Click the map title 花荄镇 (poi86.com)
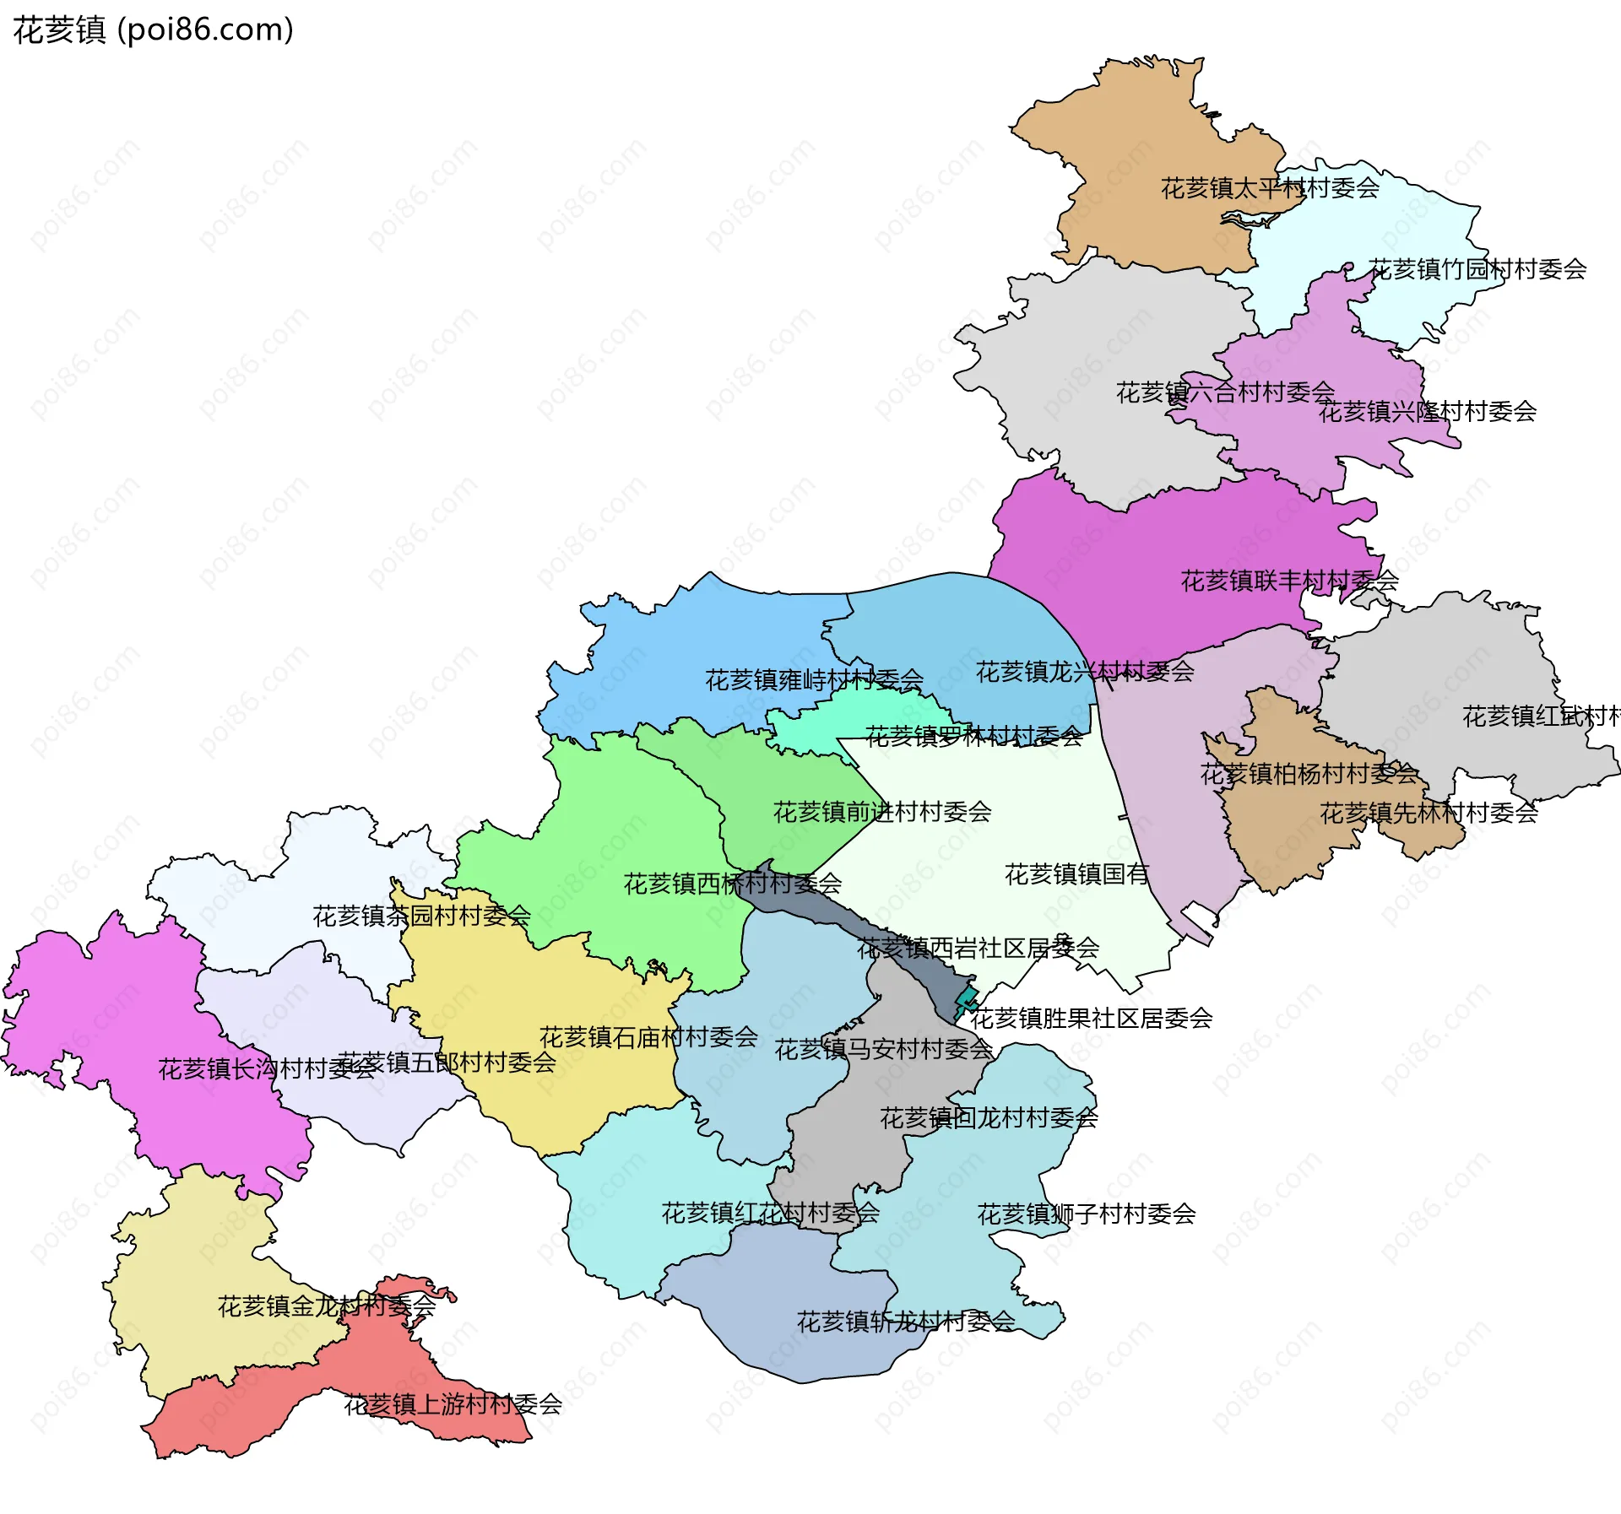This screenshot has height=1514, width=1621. [x=154, y=30]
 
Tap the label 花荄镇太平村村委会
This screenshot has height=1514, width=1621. [x=1270, y=188]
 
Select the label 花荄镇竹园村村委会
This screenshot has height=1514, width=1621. [x=1477, y=269]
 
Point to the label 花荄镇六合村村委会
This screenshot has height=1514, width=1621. [x=1225, y=392]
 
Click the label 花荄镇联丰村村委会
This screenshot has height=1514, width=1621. [x=1289, y=581]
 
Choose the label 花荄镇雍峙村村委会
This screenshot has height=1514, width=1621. [x=814, y=680]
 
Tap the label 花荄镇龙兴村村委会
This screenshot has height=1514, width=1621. [x=1085, y=672]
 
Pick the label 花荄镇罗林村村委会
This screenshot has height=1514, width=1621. [x=973, y=737]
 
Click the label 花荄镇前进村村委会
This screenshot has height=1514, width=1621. [x=882, y=812]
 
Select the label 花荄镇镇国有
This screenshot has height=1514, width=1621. [x=1076, y=874]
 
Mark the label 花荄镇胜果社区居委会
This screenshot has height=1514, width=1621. [x=1091, y=1019]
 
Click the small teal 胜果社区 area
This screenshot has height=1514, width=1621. [x=967, y=1000]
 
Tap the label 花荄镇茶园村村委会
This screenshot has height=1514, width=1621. [x=421, y=916]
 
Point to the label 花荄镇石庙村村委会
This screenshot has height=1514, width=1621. [x=648, y=1037]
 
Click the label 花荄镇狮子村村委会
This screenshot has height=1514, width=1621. [x=1086, y=1214]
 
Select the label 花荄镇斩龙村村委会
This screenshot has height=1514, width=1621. [x=906, y=1322]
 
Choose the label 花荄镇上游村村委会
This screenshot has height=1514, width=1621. [x=453, y=1404]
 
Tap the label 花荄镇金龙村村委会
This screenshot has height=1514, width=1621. [x=327, y=1306]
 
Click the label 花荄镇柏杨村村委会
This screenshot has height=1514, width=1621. [x=1309, y=774]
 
